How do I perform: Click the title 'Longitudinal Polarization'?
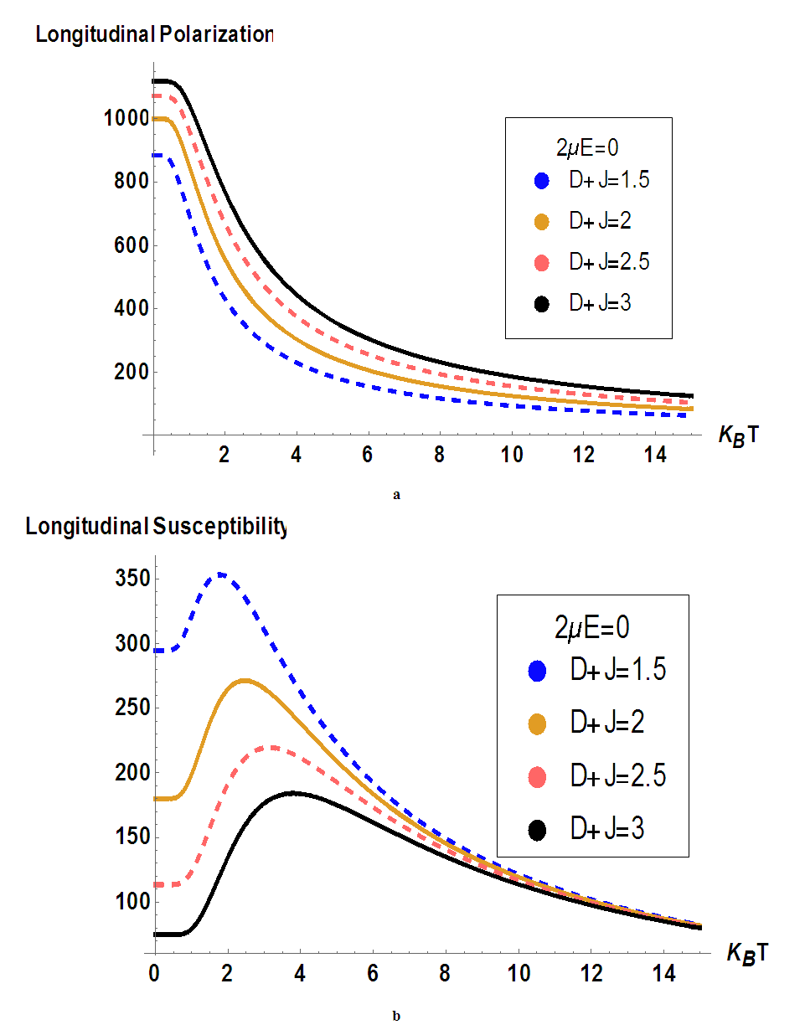[153, 35]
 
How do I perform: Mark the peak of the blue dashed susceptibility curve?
[221, 574]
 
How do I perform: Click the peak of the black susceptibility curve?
[292, 792]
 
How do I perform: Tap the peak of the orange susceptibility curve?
[244, 679]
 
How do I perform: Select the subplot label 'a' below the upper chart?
[396, 495]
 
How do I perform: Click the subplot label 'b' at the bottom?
[396, 1017]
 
